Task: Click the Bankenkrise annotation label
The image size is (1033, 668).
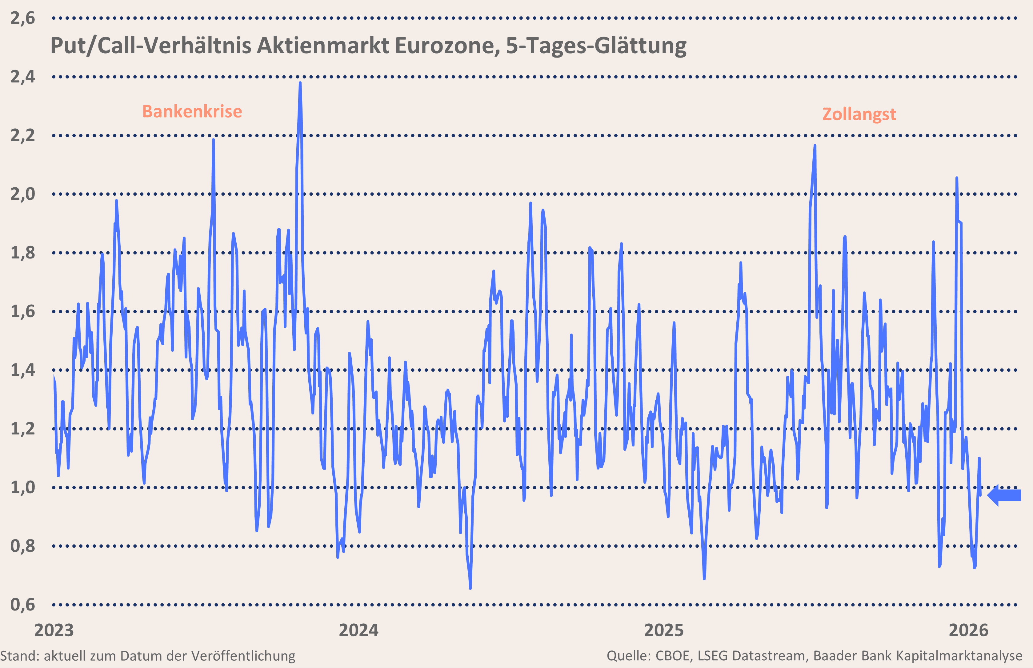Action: tap(192, 111)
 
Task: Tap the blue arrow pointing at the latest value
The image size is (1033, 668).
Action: tap(1004, 495)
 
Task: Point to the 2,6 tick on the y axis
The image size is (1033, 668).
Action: tap(22, 18)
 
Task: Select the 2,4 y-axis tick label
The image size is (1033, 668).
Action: tap(22, 77)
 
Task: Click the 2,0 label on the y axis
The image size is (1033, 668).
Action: tap(22, 194)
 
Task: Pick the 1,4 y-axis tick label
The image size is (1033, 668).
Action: tap(22, 370)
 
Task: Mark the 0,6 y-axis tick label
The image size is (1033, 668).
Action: tap(22, 605)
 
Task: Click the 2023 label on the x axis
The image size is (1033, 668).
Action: tap(54, 630)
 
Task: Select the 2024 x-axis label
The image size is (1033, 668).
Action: tap(359, 630)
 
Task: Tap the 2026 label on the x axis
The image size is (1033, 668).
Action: tap(969, 630)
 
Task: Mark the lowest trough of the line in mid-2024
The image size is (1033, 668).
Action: tap(470, 587)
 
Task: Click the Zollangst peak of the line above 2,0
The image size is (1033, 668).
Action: tap(815, 146)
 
